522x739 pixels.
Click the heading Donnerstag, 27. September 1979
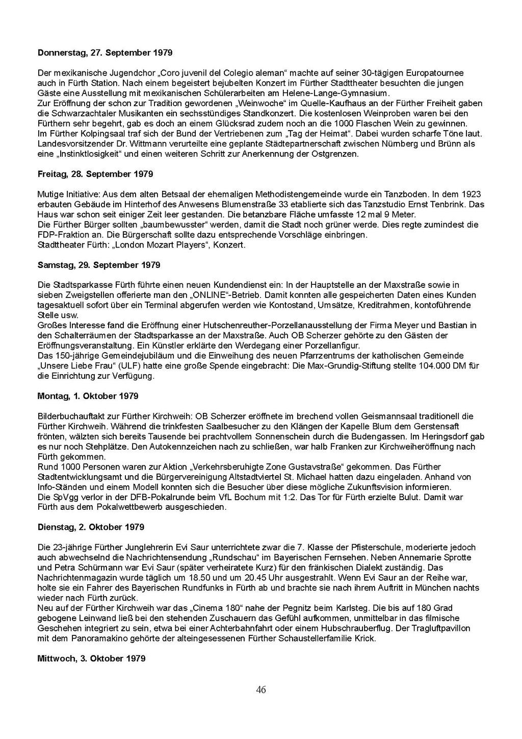(x=105, y=53)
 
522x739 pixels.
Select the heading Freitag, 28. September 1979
(x=95, y=174)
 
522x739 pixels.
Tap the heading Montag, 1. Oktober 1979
(x=88, y=396)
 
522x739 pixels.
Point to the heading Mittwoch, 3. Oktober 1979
(x=92, y=658)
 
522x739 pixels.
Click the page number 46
(x=261, y=690)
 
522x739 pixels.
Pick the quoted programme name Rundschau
(x=237, y=557)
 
